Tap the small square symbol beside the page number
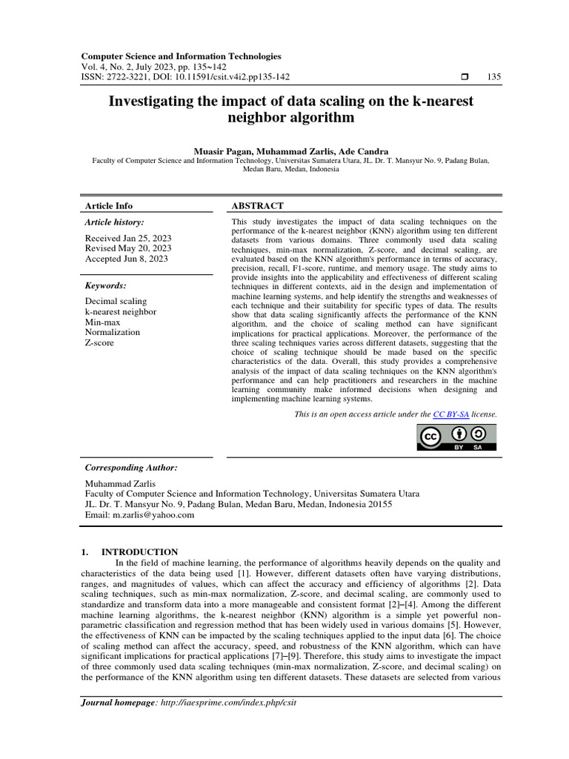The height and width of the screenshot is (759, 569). click(x=465, y=77)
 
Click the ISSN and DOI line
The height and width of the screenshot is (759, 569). click(x=184, y=77)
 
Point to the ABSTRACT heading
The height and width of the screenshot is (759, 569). click(x=257, y=205)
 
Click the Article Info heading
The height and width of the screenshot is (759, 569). click(x=109, y=205)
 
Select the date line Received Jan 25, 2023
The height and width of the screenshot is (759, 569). click(x=127, y=238)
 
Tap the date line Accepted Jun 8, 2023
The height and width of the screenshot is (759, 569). click(x=126, y=259)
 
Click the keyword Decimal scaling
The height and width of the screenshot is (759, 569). click(x=116, y=301)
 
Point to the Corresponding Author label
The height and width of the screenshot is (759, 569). click(x=131, y=468)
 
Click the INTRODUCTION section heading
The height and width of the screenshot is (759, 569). click(x=139, y=551)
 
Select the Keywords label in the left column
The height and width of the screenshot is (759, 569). click(x=105, y=285)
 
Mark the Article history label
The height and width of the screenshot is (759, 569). click(x=114, y=222)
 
